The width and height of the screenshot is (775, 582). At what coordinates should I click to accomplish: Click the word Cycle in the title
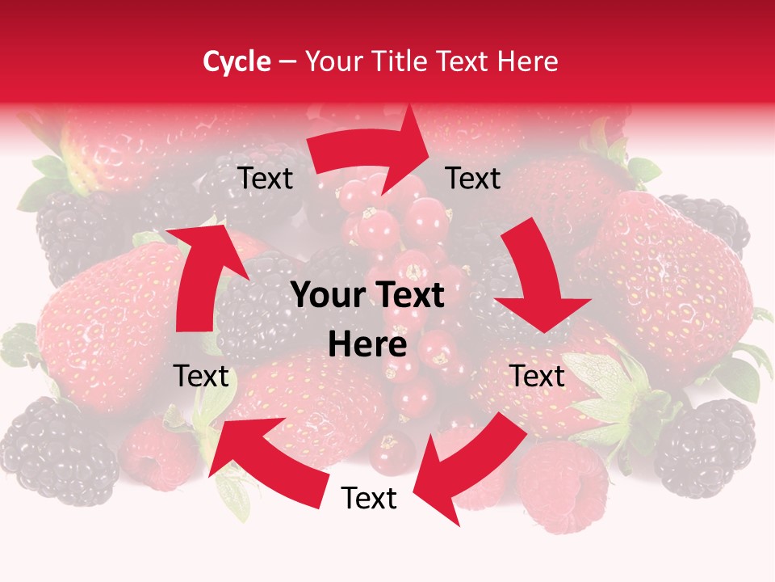[237, 61]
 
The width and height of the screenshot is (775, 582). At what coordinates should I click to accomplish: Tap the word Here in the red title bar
[525, 61]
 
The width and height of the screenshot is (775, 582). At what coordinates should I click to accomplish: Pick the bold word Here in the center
[367, 345]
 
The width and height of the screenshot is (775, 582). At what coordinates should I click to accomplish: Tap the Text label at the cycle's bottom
[369, 499]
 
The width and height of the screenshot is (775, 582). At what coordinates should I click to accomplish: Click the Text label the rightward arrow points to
[473, 178]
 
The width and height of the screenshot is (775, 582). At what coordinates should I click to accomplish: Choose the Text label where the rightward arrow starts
[265, 178]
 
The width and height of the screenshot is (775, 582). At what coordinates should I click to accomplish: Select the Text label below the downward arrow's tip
[538, 376]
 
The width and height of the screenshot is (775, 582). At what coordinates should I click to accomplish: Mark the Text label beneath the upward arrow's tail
[201, 376]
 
